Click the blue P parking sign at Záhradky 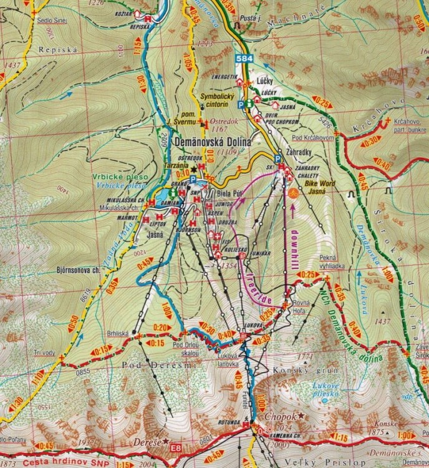(x=277, y=158)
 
